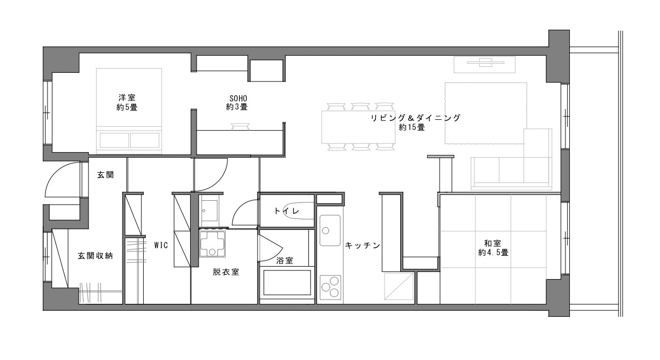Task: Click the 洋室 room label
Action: point(127,97)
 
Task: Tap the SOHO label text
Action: point(238,98)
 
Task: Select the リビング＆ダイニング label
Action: point(415,118)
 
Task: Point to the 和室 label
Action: point(493,243)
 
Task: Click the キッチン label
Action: point(363,245)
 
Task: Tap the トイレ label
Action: point(287,210)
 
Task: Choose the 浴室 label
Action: point(285,261)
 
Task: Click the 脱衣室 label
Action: point(226,272)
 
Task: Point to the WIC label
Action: point(161,245)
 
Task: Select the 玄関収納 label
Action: point(95,256)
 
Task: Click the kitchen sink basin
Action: point(330,230)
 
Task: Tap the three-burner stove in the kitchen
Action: point(331,288)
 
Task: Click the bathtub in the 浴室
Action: point(287,283)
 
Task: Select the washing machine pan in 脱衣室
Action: point(212,244)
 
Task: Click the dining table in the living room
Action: point(358,127)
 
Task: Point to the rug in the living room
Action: point(486,113)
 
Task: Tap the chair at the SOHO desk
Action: point(241,127)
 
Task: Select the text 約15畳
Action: point(412,127)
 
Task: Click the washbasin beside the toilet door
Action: point(210,210)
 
